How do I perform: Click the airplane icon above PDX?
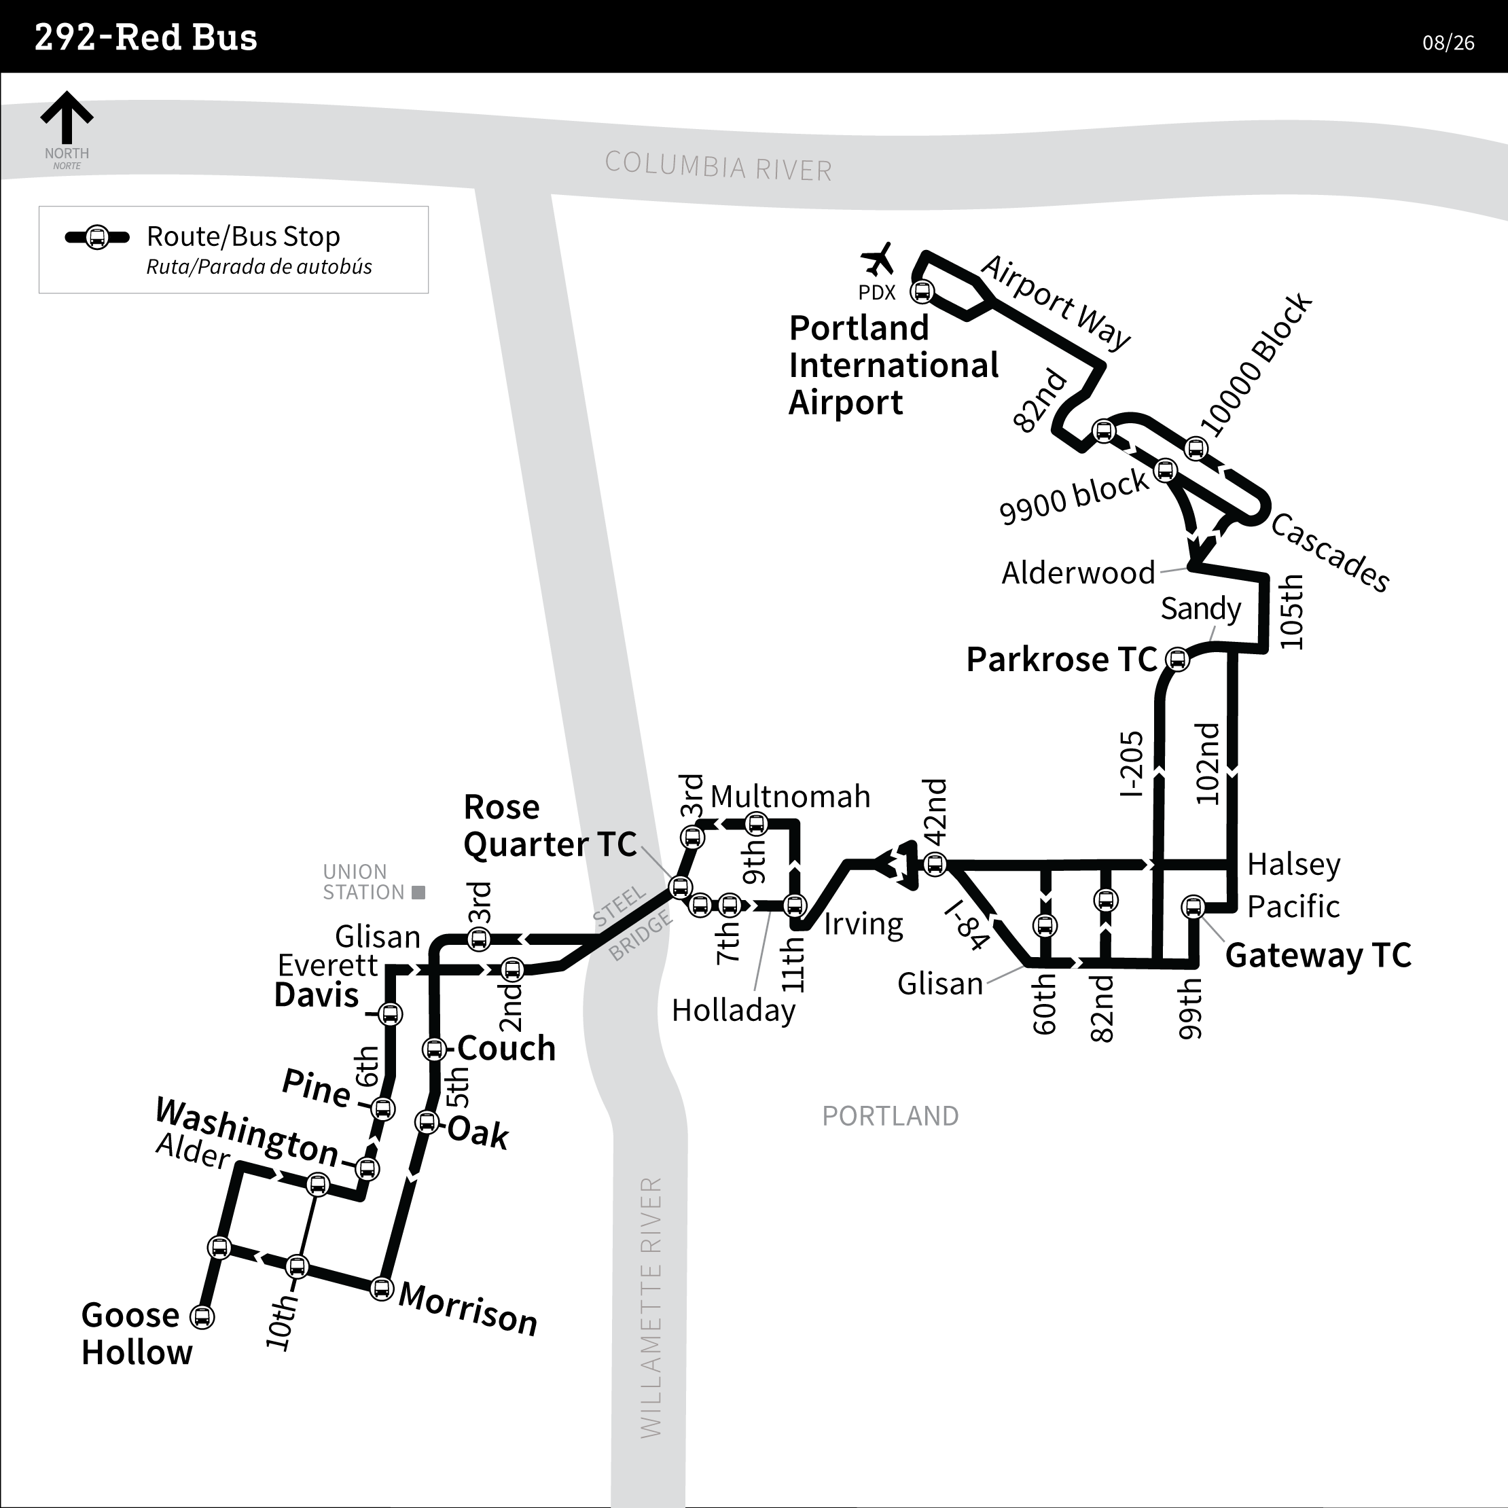pos(878,259)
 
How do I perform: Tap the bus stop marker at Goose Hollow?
pos(202,1316)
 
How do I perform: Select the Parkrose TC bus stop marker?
pos(1177,660)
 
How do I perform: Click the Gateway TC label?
pos(1318,954)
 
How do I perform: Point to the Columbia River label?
pos(718,166)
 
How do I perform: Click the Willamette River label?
pos(650,1307)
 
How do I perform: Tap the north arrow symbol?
pos(67,118)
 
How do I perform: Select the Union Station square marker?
pos(418,892)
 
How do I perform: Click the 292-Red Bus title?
pos(146,37)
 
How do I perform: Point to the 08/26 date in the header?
pos(1448,43)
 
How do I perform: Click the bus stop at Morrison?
pos(381,1288)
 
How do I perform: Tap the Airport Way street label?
pos(1056,302)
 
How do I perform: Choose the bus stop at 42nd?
pos(934,864)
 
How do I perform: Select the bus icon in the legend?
pos(96,237)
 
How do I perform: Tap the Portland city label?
pos(890,1116)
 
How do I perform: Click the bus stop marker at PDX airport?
pos(922,292)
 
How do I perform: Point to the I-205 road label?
pos(1131,764)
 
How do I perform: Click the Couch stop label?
pos(507,1048)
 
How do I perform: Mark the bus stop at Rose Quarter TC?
pos(680,887)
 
